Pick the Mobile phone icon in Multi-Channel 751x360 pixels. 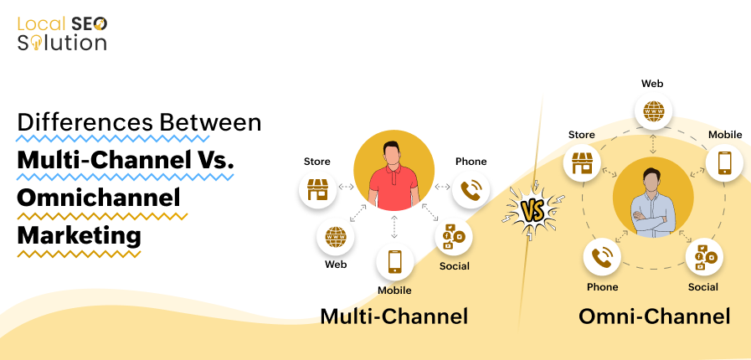[394, 262]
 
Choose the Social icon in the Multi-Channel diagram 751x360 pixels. [453, 237]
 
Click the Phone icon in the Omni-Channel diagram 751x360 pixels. [601, 257]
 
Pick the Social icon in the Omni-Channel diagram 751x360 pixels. [703, 257]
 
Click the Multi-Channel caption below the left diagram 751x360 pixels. [394, 316]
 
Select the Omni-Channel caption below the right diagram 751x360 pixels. [654, 316]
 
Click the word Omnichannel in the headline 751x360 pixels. [99, 198]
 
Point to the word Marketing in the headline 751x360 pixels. [79, 235]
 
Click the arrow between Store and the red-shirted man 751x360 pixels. [345, 187]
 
